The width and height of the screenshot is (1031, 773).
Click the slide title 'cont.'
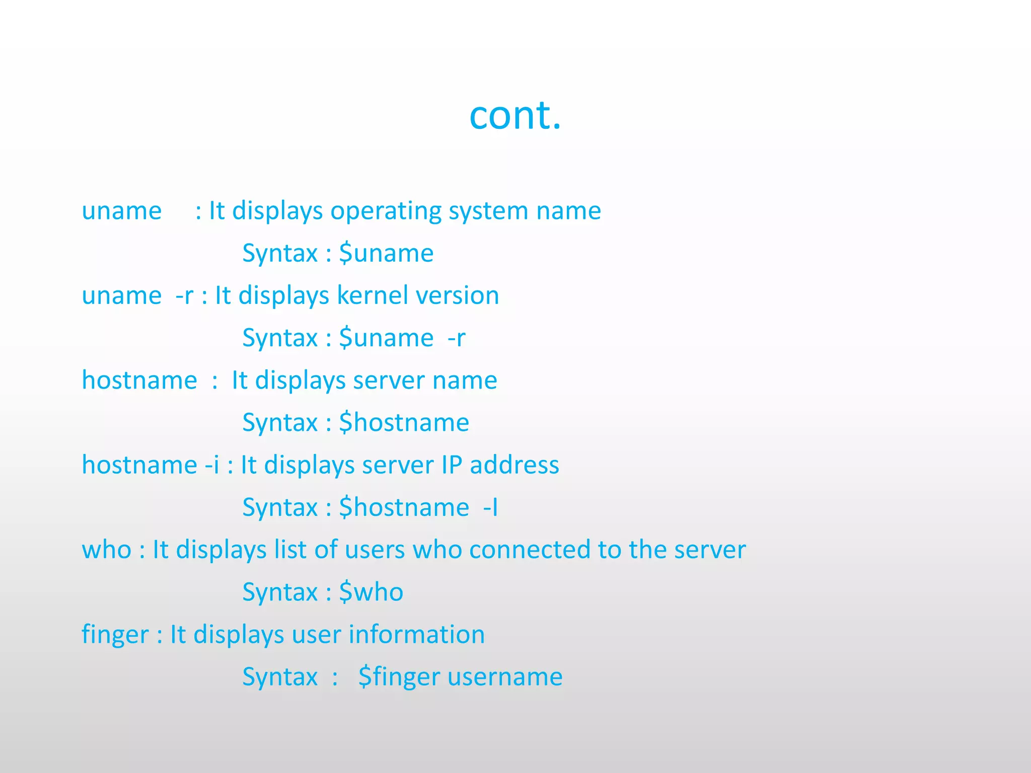(x=515, y=115)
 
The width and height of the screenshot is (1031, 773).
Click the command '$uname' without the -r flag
(x=386, y=253)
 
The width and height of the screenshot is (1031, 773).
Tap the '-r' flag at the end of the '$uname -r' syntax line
(x=456, y=338)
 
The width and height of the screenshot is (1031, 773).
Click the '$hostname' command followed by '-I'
(x=404, y=507)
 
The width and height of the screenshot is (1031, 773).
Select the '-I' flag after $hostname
(x=490, y=507)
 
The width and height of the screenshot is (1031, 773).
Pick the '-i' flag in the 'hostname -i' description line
(x=212, y=465)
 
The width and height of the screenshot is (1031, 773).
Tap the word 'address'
(x=514, y=465)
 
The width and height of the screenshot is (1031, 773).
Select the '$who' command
(x=371, y=592)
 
